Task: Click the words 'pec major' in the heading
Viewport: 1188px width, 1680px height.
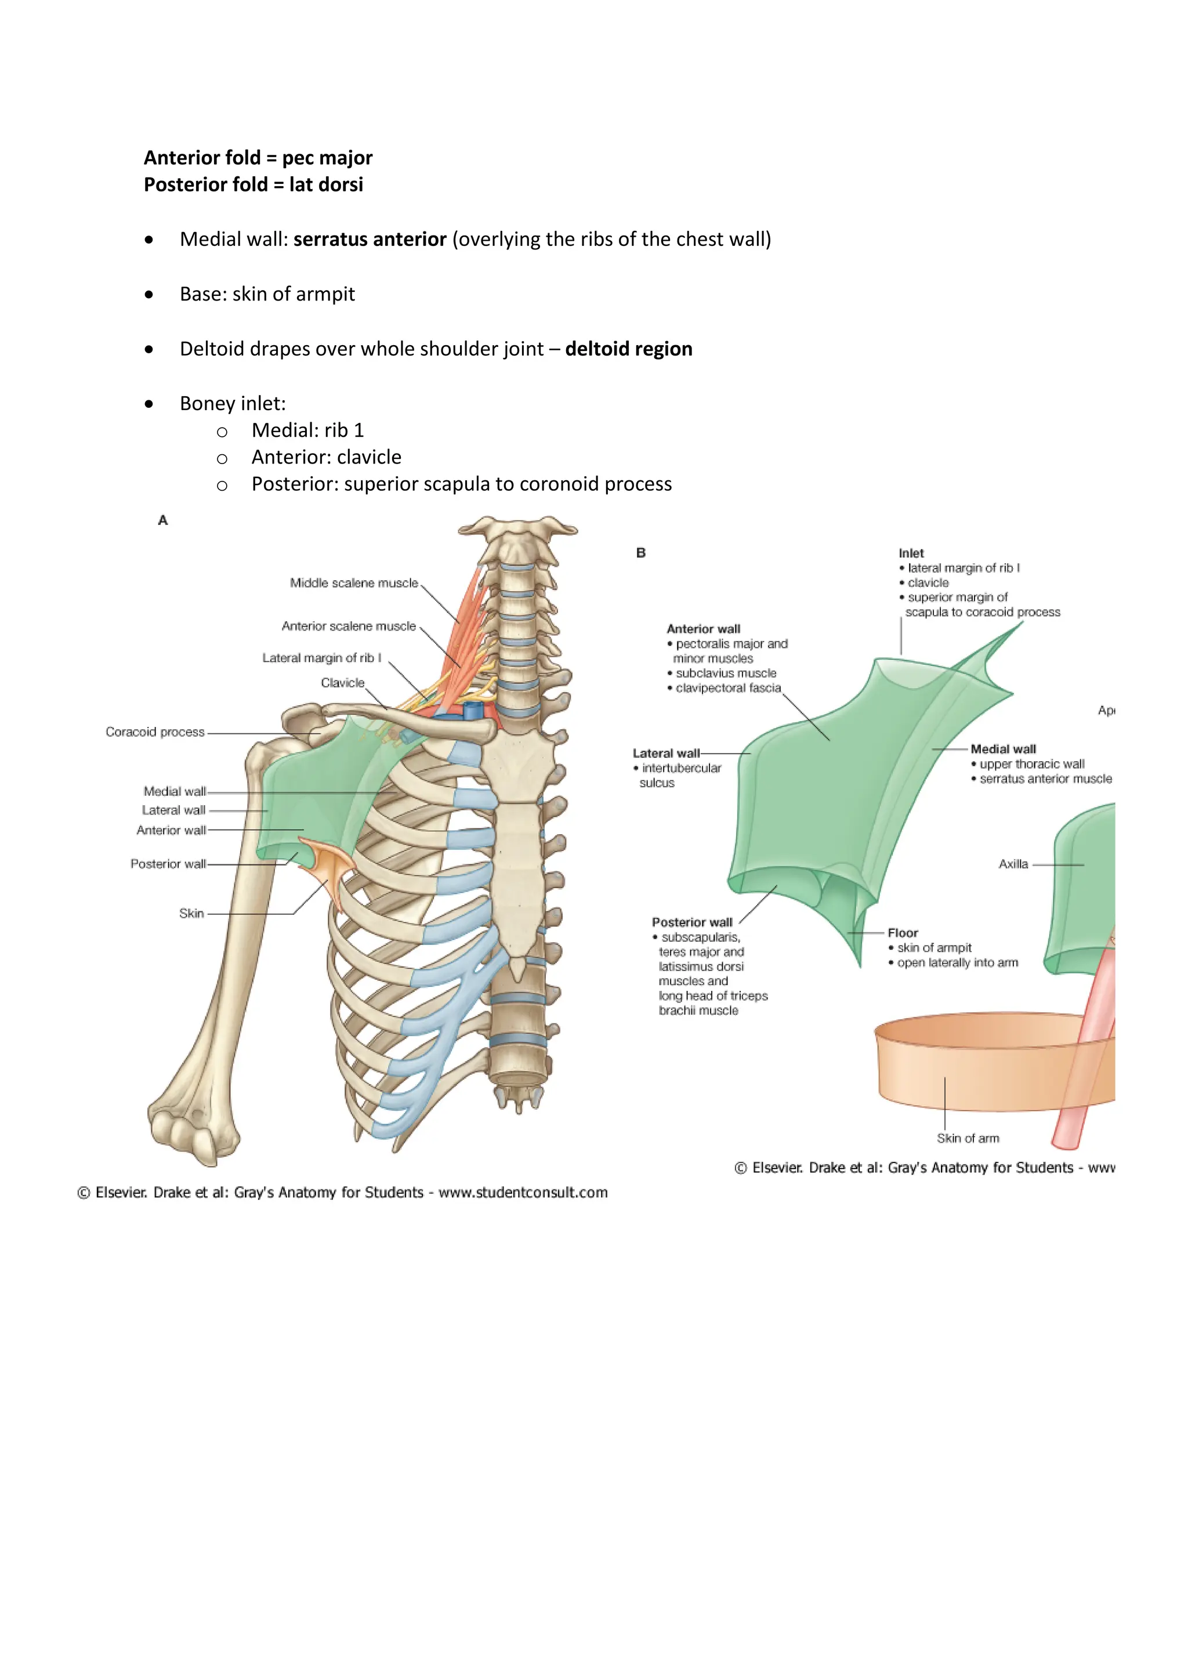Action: (327, 158)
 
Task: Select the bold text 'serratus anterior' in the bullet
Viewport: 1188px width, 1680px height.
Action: (370, 239)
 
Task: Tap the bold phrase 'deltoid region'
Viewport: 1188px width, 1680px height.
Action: (628, 349)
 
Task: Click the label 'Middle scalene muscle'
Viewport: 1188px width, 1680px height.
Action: (353, 583)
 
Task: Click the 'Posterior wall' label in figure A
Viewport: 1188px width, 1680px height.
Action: (168, 864)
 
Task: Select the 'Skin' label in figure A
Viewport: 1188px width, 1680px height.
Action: (191, 914)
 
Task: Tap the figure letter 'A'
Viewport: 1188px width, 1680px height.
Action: (163, 520)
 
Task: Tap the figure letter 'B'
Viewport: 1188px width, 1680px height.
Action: (641, 553)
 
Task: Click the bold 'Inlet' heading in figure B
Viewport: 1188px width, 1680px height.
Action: (911, 553)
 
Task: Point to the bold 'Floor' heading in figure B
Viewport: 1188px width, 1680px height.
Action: (903, 933)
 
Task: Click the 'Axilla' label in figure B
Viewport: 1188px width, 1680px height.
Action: (1013, 865)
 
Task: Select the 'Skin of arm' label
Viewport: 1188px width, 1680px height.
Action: (967, 1139)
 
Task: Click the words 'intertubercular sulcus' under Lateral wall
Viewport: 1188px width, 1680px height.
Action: (678, 776)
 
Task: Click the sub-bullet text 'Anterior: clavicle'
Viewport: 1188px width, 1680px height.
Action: (326, 457)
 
